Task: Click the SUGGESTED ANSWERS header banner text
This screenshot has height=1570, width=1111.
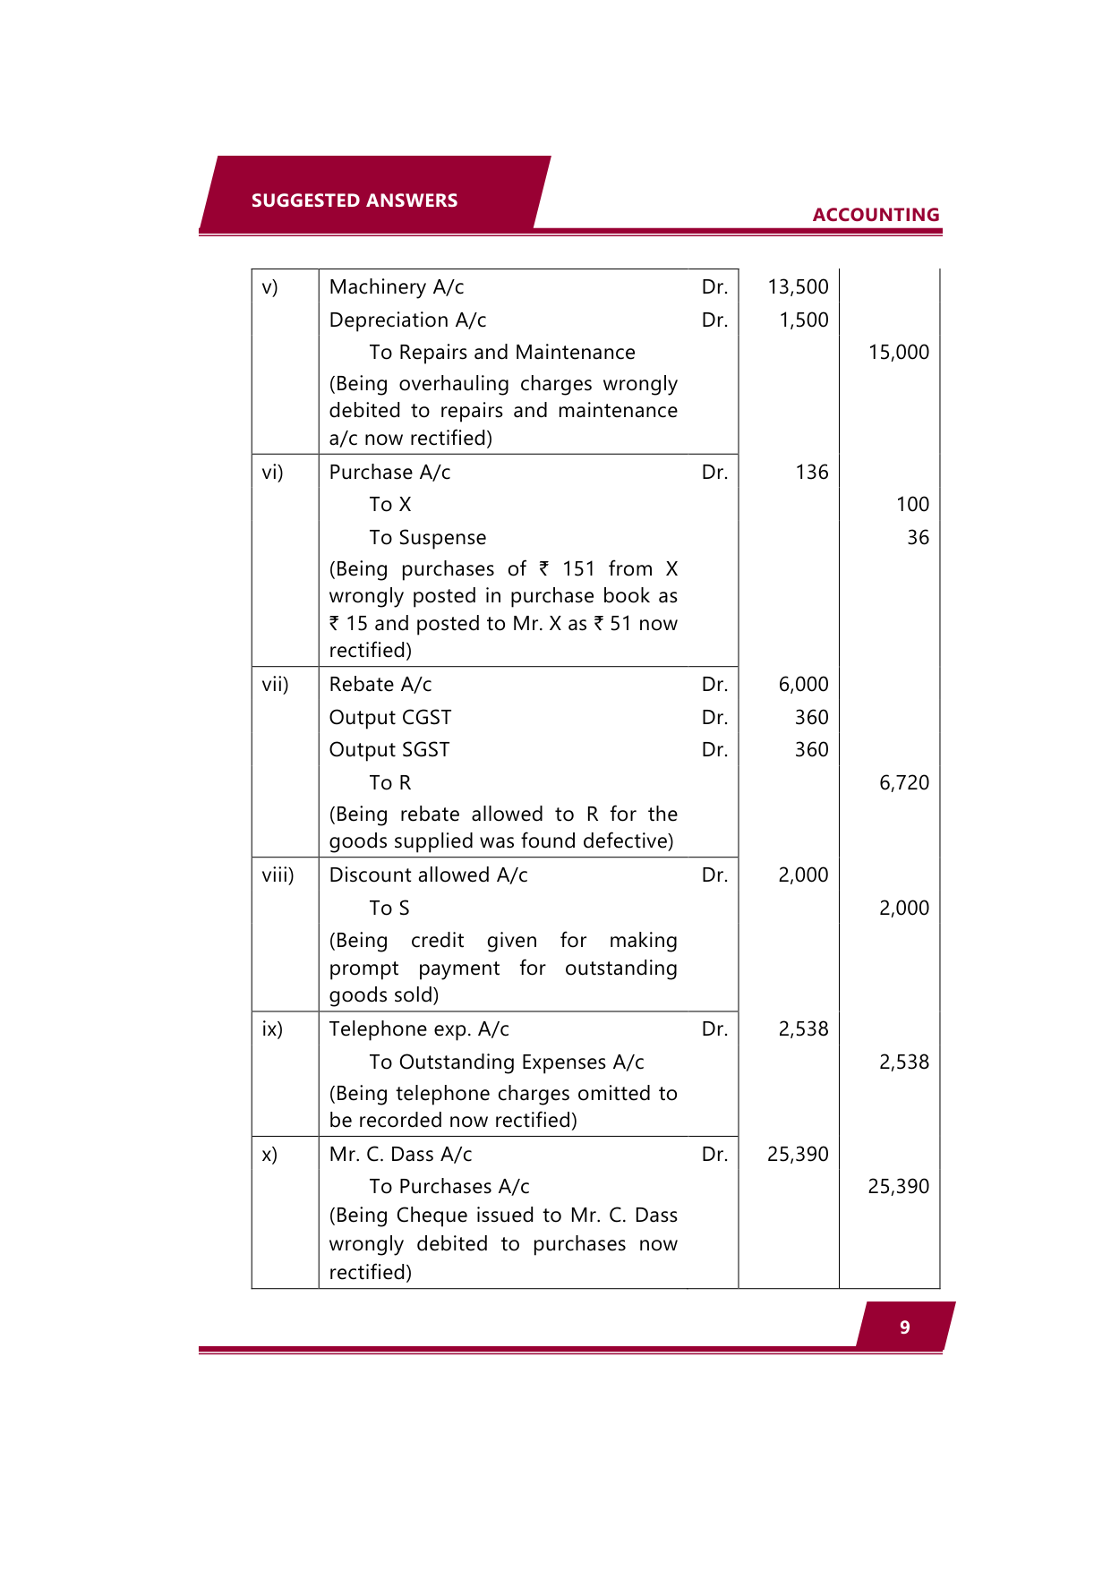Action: click(x=354, y=201)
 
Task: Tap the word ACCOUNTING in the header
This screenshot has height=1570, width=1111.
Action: click(x=876, y=215)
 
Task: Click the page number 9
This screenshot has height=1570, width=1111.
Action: click(x=904, y=1327)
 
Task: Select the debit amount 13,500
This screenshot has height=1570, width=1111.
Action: click(x=798, y=287)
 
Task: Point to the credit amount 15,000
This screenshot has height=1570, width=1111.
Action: click(x=898, y=353)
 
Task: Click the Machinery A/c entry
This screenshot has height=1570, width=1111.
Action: click(x=396, y=287)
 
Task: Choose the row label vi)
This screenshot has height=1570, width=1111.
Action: click(x=272, y=473)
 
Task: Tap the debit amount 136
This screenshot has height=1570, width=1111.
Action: click(x=811, y=473)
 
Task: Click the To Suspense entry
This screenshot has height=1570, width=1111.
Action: click(x=427, y=538)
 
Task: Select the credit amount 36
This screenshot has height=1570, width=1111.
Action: click(x=918, y=538)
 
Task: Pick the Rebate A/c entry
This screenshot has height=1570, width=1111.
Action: click(x=380, y=685)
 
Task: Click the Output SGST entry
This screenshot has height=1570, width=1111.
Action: click(x=389, y=750)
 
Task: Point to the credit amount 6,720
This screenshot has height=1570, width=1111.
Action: click(x=903, y=783)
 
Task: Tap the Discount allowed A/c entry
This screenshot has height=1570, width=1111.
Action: click(x=428, y=875)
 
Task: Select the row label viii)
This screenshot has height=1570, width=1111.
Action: click(x=278, y=875)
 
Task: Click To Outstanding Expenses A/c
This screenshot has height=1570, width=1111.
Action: click(x=506, y=1062)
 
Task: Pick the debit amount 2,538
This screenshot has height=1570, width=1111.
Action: click(x=803, y=1029)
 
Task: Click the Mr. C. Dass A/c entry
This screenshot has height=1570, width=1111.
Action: click(x=400, y=1155)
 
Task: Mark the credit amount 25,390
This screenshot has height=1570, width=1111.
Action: click(x=898, y=1187)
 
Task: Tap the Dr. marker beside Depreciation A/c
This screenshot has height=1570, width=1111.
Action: click(x=714, y=320)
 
